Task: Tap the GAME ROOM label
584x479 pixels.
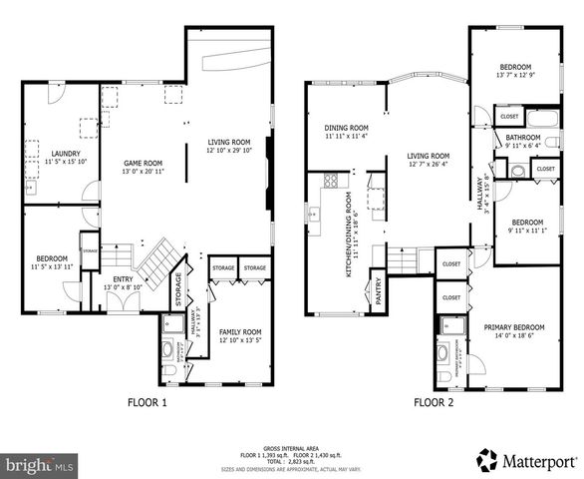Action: pos(143,162)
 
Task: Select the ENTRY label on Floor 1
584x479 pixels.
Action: pos(123,279)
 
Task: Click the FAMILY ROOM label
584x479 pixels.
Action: pos(240,331)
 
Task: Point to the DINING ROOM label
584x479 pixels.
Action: pos(346,128)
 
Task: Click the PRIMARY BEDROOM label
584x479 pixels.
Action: pos(514,327)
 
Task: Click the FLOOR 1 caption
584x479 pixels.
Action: pos(146,403)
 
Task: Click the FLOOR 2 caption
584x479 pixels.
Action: pos(436,403)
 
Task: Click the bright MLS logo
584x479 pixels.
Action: pos(40,464)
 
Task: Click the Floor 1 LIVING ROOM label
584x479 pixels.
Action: pos(228,143)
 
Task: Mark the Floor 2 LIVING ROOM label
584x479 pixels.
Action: pos(428,156)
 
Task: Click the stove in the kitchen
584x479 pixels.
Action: pos(330,181)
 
